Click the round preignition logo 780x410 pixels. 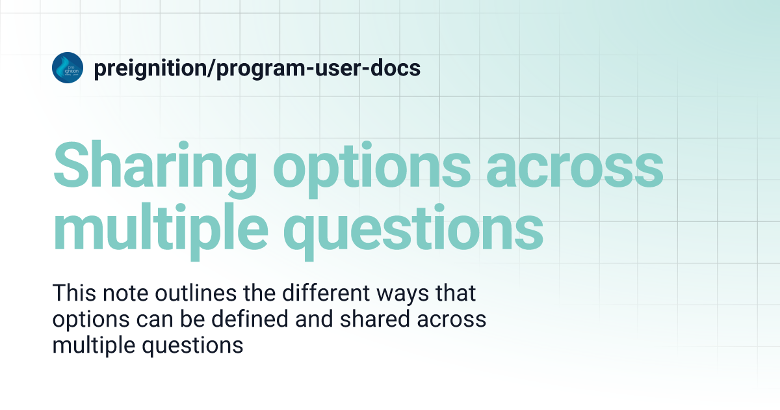(x=68, y=68)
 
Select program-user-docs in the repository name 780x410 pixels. (x=318, y=68)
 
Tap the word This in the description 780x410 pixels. (x=73, y=294)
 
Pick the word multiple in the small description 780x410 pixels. (x=90, y=346)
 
